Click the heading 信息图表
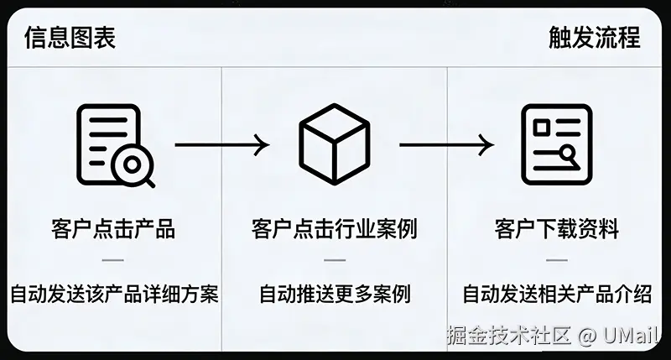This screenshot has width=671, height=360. (70, 38)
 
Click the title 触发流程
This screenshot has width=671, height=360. (594, 38)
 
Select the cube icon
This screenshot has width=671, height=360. (334, 144)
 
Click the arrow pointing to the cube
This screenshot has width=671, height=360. (221, 144)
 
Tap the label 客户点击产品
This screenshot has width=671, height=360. (113, 228)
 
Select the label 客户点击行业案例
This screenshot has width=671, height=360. (334, 228)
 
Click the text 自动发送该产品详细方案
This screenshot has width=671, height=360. (114, 295)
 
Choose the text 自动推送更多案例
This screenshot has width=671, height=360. (334, 295)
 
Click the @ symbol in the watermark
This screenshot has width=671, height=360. (588, 337)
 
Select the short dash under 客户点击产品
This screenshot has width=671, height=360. (113, 261)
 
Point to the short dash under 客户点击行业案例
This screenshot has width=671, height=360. (334, 261)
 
